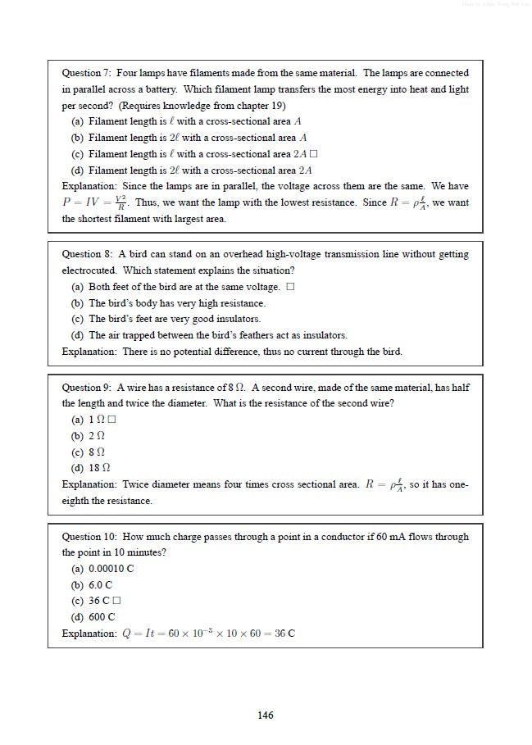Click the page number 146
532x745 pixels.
click(265, 715)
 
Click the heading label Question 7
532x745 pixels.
click(86, 73)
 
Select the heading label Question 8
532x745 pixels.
click(86, 254)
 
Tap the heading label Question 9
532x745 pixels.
click(86, 388)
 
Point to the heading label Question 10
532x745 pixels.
click(89, 537)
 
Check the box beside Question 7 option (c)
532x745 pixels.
click(313, 154)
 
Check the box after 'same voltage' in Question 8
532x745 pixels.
click(290, 287)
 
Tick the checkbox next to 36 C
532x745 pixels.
click(116, 601)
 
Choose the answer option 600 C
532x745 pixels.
click(102, 617)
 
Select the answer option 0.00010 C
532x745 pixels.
click(111, 569)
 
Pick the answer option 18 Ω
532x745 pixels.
click(99, 468)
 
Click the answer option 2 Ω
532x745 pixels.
click(97, 436)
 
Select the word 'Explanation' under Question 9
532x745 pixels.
click(89, 484)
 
